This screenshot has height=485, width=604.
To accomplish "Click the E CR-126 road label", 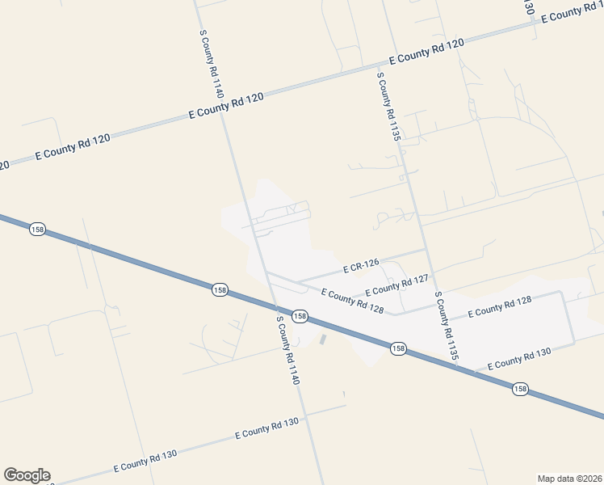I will [361, 266].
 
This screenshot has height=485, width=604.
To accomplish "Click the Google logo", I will [27, 475].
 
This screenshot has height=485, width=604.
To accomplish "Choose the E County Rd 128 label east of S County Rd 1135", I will [498, 306].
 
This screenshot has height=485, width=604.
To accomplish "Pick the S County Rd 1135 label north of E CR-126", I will [388, 106].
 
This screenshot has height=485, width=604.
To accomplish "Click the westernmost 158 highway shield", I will [37, 230].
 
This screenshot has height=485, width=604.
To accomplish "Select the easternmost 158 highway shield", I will [520, 389].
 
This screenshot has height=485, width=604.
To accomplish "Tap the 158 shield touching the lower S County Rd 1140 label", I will [299, 316].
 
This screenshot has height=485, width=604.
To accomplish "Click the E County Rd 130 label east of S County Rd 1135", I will [519, 358].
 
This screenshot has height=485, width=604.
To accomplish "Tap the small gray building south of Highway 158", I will [323, 339].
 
